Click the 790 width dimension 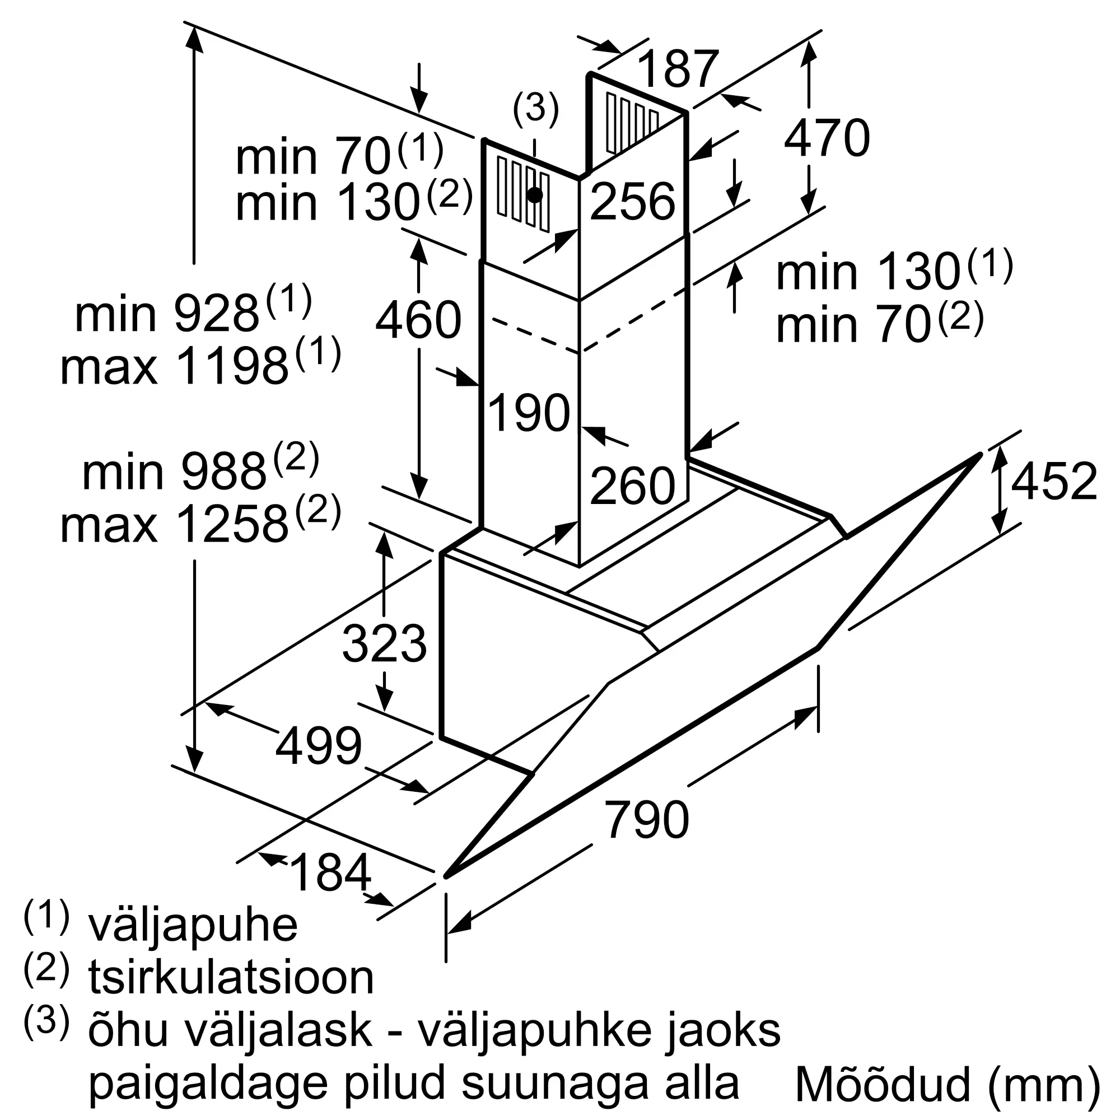pyautogui.click(x=646, y=819)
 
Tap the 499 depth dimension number pyautogui.click(x=318, y=745)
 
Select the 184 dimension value pyautogui.click(x=330, y=872)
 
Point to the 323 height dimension pyautogui.click(x=384, y=643)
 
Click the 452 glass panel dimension pyautogui.click(x=1054, y=481)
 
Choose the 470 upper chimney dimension pyautogui.click(x=827, y=138)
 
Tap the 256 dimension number pyautogui.click(x=632, y=201)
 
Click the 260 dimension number pyautogui.click(x=632, y=486)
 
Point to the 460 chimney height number pyautogui.click(x=418, y=320)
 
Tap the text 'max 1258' pyautogui.click(x=175, y=525)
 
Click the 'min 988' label pyautogui.click(x=174, y=473)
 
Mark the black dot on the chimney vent pyautogui.click(x=535, y=195)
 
